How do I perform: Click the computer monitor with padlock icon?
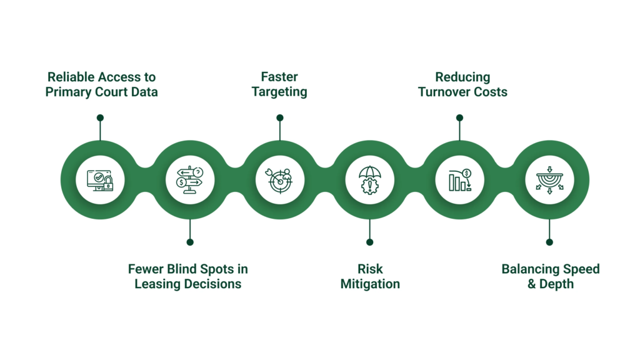click(100, 180)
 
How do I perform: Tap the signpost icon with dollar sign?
click(190, 180)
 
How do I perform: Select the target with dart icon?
click(280, 180)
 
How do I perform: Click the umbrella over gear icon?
click(369, 180)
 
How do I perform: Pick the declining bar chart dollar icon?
click(459, 180)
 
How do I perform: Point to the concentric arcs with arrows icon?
click(549, 180)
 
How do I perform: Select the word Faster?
click(279, 77)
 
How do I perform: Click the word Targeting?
click(279, 92)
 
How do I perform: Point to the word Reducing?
click(462, 77)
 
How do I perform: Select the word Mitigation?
click(369, 284)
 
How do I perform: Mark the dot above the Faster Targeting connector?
click(280, 117)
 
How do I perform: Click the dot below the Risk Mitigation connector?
click(369, 242)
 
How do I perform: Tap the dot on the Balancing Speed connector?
click(549, 242)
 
